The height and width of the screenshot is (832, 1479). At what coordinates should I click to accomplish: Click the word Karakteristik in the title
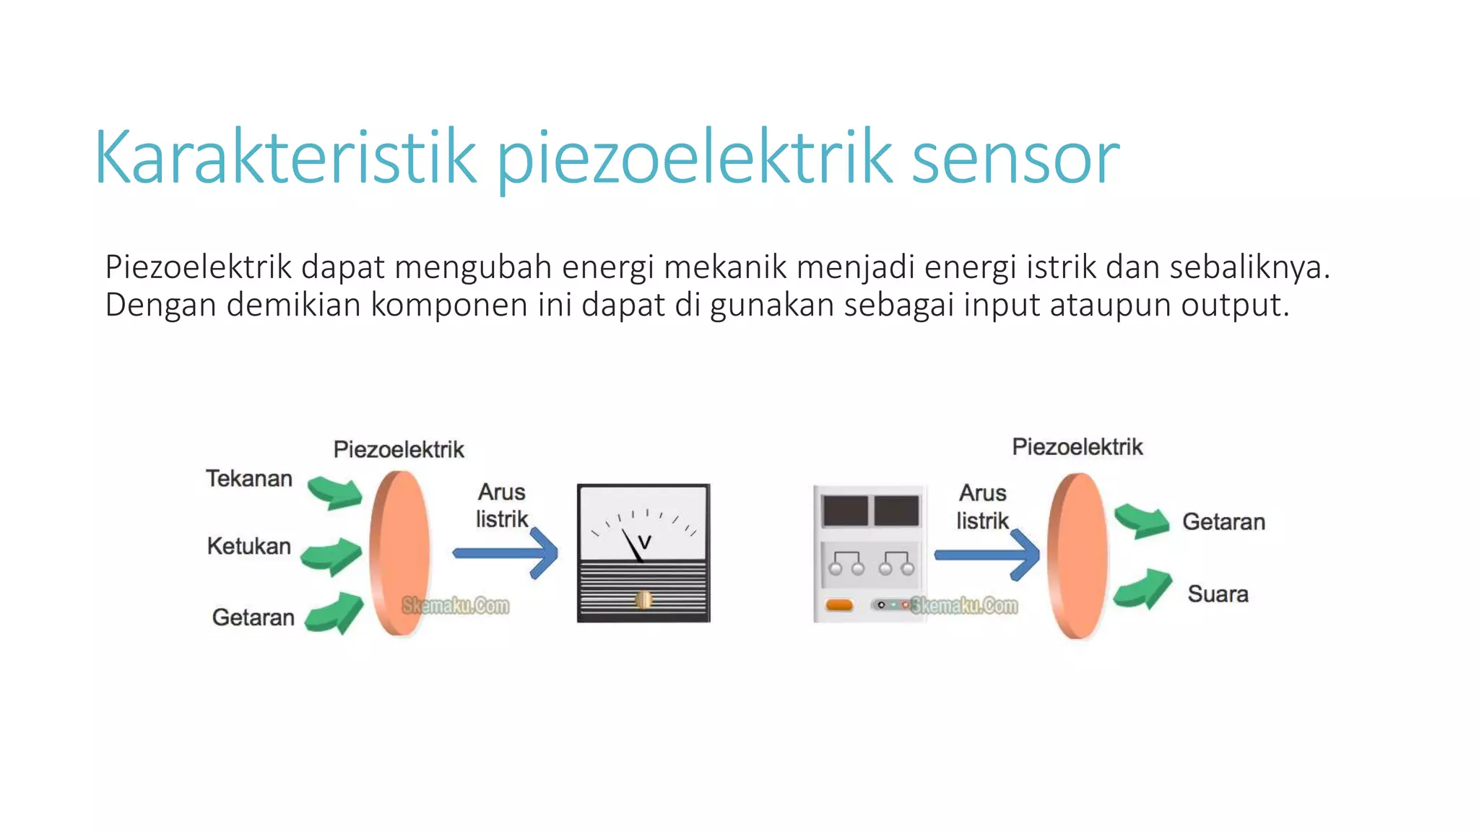[x=285, y=157]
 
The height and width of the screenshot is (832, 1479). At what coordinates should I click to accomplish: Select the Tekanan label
[x=249, y=479]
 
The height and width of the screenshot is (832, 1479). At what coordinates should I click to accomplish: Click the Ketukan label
[x=249, y=546]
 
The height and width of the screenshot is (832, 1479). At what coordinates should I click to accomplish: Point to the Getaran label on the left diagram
[x=253, y=617]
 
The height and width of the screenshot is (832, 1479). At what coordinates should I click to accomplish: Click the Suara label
[x=1218, y=594]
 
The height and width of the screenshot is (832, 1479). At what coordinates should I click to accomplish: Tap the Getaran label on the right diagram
[x=1223, y=521]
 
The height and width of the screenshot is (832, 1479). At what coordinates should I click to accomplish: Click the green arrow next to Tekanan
[x=334, y=492]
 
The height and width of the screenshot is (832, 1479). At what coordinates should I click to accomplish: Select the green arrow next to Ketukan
[x=331, y=555]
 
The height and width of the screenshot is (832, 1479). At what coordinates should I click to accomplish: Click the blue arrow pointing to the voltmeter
[x=506, y=553]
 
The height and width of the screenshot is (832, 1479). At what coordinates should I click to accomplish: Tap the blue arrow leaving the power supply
[x=986, y=555]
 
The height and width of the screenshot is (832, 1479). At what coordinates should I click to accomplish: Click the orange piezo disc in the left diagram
[x=399, y=553]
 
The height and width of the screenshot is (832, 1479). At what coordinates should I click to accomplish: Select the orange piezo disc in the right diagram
[x=1077, y=555]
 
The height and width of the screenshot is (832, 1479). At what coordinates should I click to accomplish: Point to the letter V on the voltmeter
[x=645, y=541]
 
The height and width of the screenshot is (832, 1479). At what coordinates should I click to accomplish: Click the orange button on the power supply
[x=839, y=604]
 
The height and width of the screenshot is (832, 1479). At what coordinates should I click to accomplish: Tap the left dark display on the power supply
[x=845, y=511]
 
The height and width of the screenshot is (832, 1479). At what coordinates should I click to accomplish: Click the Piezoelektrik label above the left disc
[x=399, y=449]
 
